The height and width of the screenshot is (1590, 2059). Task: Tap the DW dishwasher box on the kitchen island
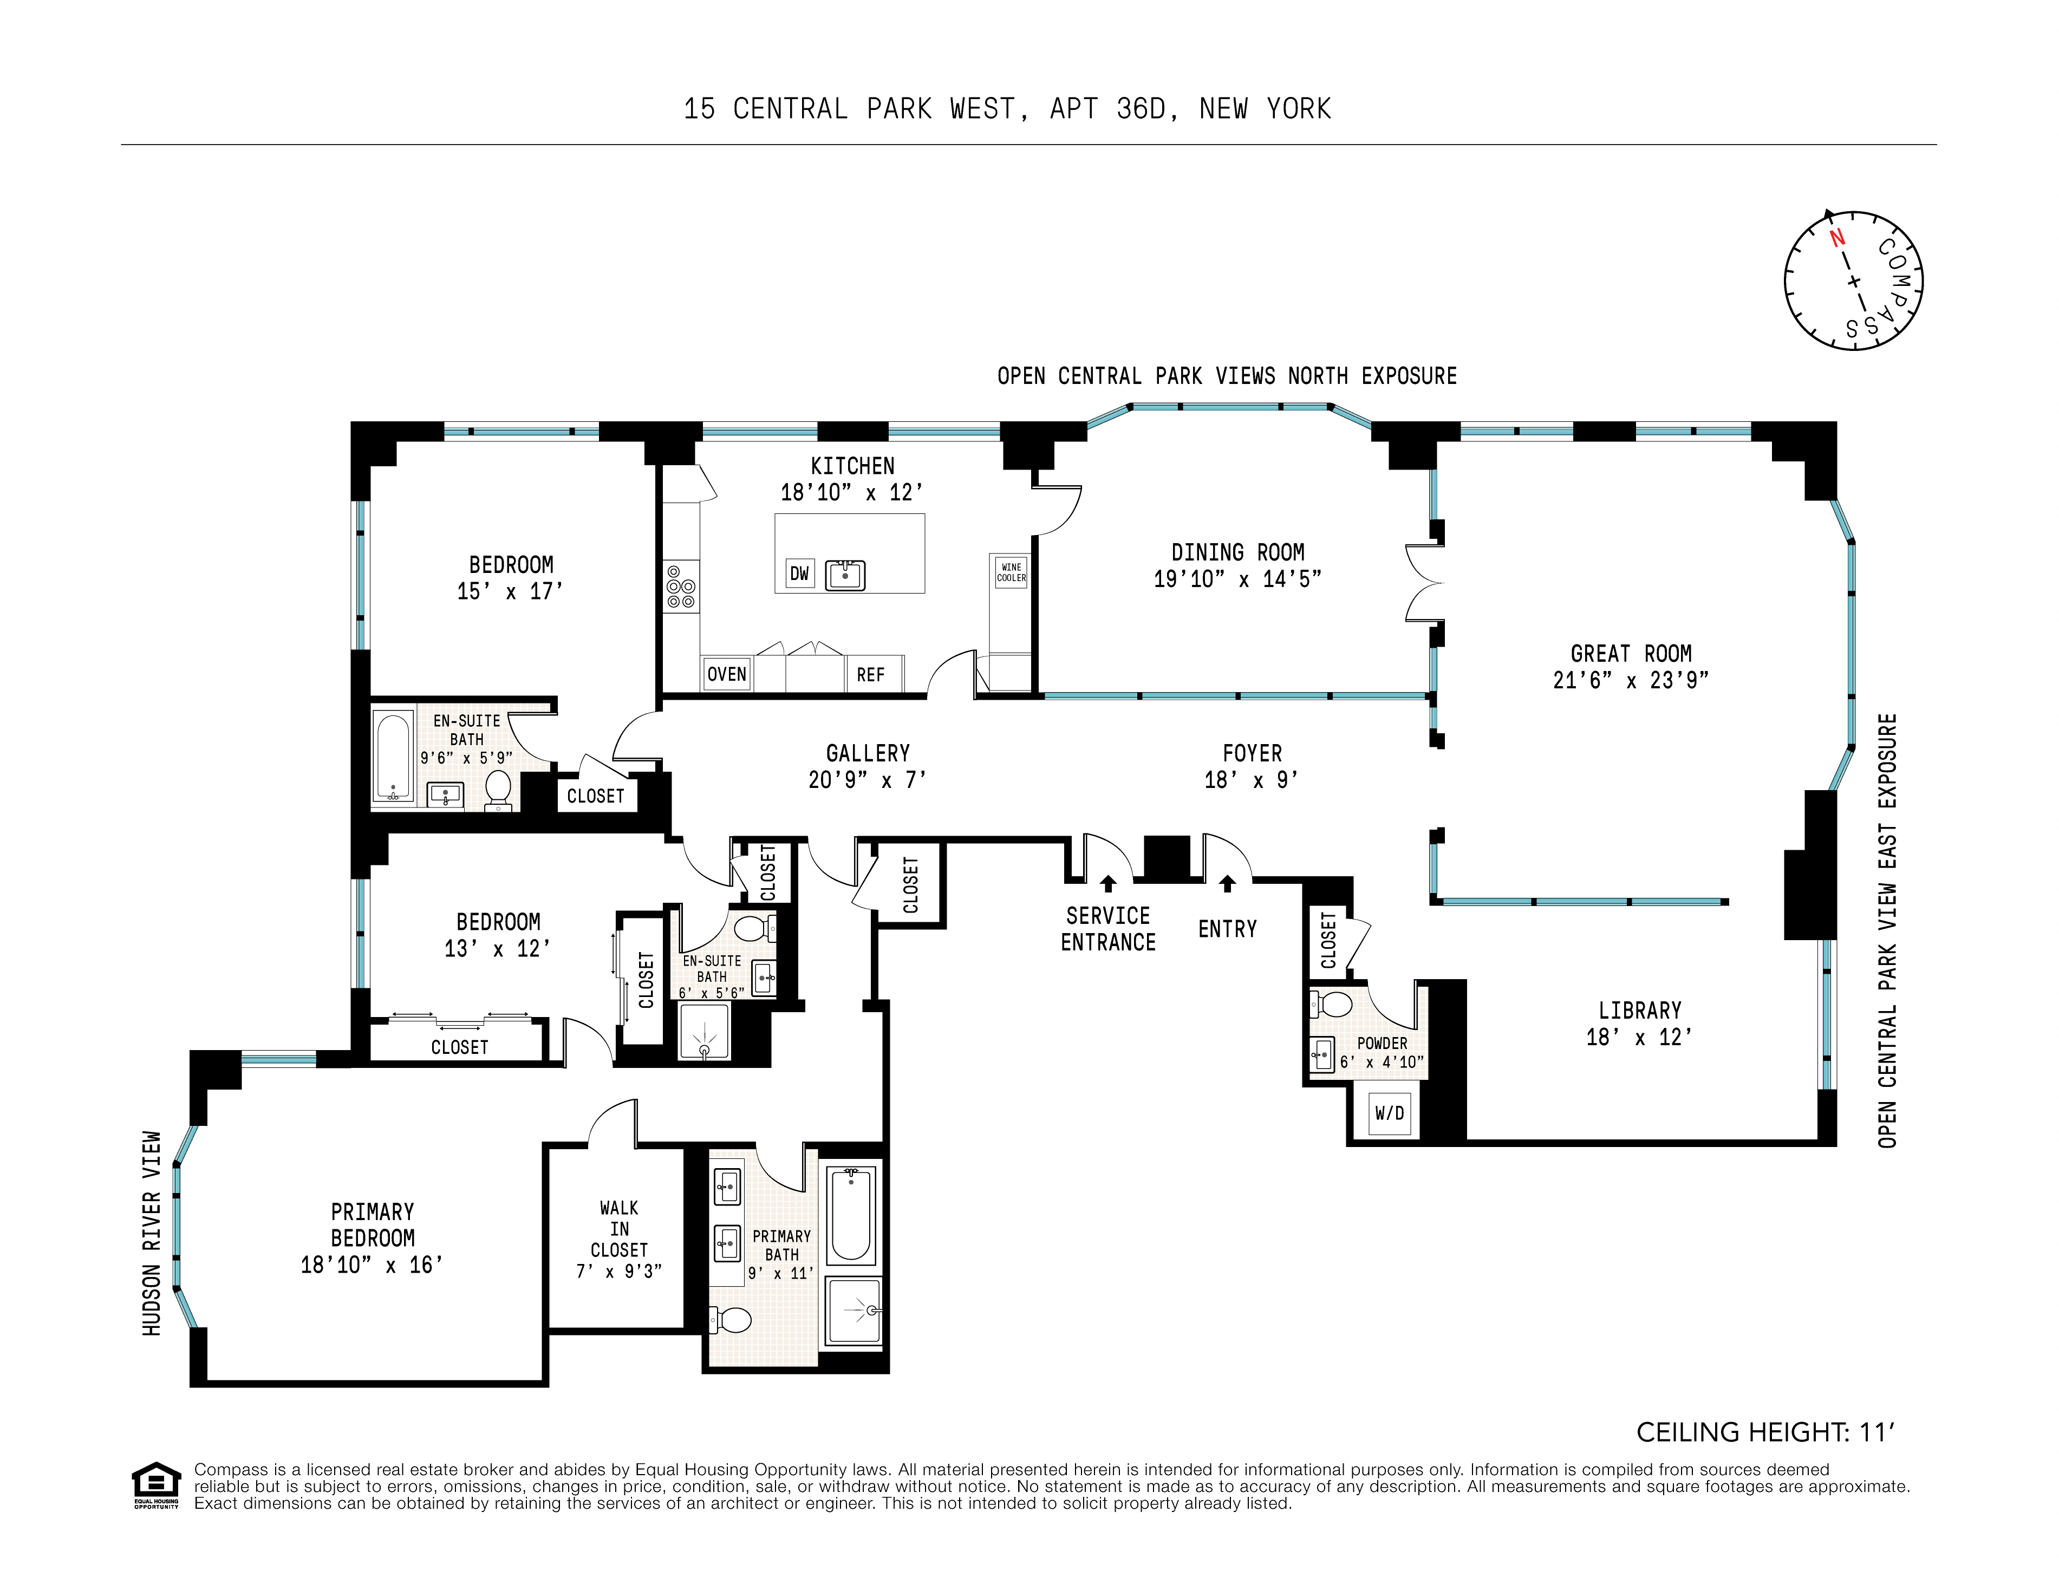point(799,573)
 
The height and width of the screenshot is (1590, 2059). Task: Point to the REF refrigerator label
point(870,675)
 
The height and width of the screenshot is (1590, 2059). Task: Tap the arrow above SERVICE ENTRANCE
point(1109,883)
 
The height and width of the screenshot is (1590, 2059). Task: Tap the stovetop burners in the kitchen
point(681,587)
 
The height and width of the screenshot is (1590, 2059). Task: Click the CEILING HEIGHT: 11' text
point(1765,1432)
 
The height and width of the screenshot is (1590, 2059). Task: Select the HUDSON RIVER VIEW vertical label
point(152,1233)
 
